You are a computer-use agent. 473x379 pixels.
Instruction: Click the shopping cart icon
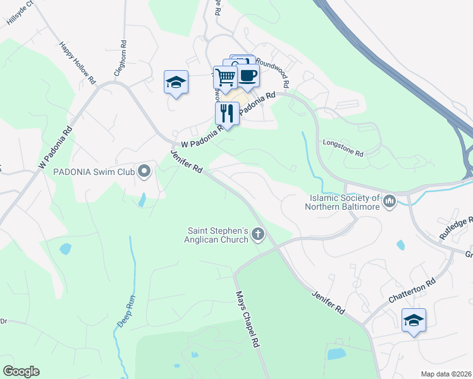pos(226,78)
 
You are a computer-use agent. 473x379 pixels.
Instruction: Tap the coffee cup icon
pos(248,76)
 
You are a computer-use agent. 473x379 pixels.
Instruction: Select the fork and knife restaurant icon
pos(227,113)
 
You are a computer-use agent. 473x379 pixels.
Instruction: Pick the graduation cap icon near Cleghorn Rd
pos(176,82)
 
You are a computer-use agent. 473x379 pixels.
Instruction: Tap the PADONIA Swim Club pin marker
pos(145,171)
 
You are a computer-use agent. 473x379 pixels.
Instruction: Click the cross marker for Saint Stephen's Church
pos(257,235)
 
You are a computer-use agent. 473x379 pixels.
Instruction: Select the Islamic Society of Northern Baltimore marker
pos(390,201)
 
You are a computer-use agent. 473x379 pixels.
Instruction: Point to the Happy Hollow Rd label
pos(77,63)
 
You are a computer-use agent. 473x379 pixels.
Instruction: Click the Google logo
pos(21,371)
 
